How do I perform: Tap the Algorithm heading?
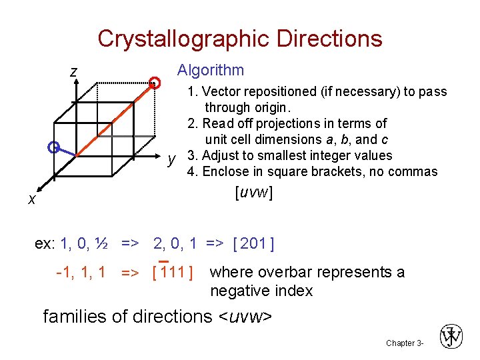[210, 70]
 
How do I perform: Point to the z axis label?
[74, 71]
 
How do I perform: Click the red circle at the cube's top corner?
[155, 83]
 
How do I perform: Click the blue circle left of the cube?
[54, 147]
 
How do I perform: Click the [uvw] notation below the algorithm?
[253, 193]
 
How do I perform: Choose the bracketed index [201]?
[253, 243]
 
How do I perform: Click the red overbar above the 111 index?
[165, 261]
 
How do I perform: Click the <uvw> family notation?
[245, 316]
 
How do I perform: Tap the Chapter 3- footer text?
[404, 343]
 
